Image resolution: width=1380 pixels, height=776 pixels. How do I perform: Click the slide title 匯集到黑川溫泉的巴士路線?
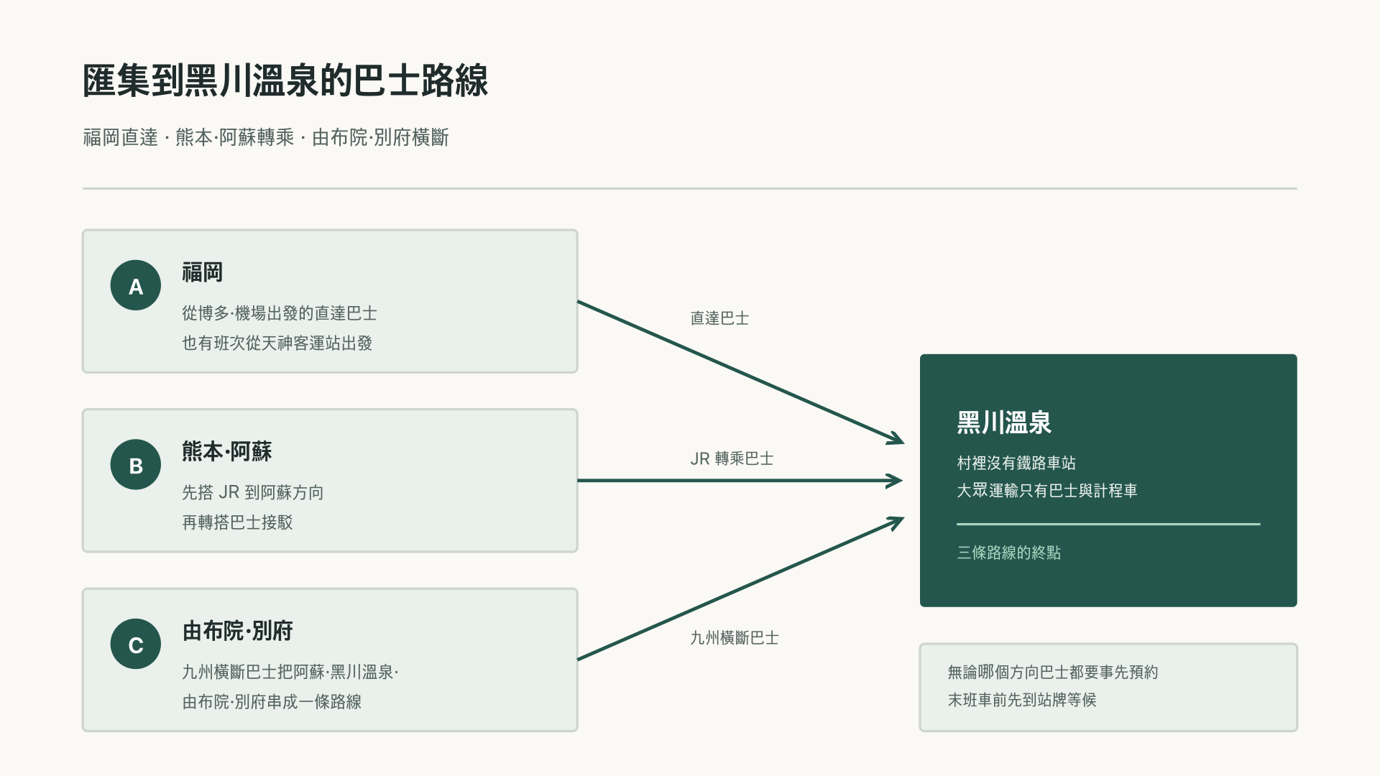coord(285,80)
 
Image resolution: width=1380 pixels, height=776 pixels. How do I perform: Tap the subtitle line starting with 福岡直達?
coord(266,137)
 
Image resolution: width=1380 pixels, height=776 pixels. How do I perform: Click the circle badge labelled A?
coord(136,285)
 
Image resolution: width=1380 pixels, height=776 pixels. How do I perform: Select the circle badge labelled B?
coord(136,465)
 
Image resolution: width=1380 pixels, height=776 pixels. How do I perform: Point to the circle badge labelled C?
coord(136,644)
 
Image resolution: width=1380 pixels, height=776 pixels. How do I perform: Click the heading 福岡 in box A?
coord(203,272)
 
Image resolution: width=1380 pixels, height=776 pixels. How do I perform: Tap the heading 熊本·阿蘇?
coord(227,451)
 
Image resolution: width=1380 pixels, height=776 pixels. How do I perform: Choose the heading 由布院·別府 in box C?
coord(238,631)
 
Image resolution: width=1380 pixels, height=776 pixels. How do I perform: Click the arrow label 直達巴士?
coord(719,318)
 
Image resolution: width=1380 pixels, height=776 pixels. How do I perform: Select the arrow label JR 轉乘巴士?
coord(732,458)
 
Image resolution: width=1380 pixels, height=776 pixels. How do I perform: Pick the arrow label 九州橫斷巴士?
coord(735,638)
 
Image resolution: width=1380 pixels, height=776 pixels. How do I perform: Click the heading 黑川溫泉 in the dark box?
coord(1004,422)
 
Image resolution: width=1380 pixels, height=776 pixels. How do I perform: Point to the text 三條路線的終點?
coord(1009,553)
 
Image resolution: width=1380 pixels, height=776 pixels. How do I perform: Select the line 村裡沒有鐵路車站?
coord(1016,463)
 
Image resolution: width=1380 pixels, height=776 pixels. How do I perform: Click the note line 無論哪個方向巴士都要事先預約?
coord(1053,672)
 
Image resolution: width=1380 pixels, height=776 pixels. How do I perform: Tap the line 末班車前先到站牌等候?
coord(1022,700)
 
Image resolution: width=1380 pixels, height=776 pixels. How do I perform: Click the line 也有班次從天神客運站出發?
coord(277,343)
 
